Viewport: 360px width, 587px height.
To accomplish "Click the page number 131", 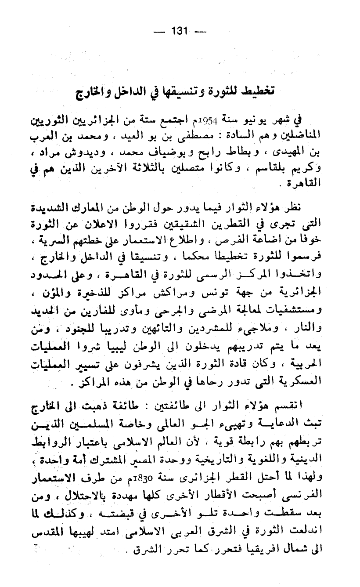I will tap(180, 31).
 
